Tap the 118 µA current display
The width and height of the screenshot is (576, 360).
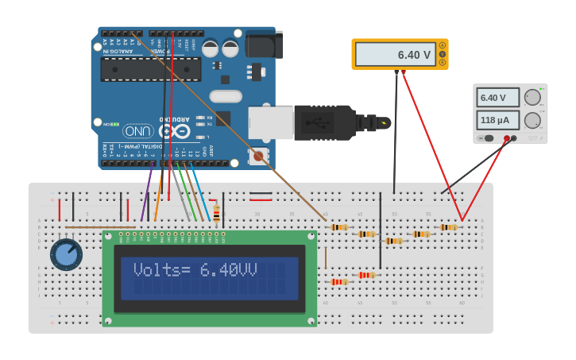coord(497,120)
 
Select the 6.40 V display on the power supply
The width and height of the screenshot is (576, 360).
coord(497,98)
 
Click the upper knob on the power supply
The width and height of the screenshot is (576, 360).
coord(532,97)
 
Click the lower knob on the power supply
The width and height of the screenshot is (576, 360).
coord(532,121)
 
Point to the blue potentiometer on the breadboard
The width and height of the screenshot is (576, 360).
coord(66,254)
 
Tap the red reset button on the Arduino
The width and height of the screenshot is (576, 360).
coord(257,157)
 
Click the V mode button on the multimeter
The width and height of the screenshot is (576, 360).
coord(443,54)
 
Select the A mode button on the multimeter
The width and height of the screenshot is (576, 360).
coord(443,46)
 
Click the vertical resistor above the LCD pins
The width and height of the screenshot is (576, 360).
coord(216,213)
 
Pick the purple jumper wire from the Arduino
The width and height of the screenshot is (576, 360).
coord(146,192)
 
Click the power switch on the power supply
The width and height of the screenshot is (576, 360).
coord(489,138)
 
